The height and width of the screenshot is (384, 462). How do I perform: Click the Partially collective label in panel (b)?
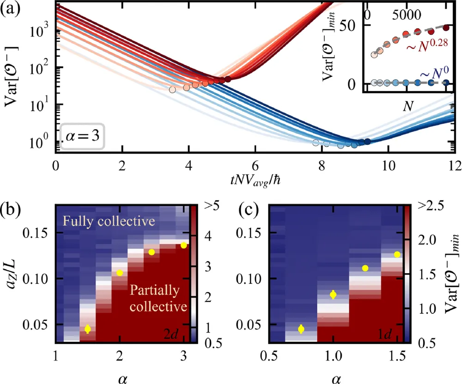coord(158,298)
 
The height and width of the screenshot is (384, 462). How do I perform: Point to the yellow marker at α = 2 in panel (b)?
coord(120,273)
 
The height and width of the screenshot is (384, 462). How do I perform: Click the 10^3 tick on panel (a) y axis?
coord(36,32)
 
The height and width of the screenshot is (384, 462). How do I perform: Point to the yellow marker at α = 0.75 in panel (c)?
coord(301,329)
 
